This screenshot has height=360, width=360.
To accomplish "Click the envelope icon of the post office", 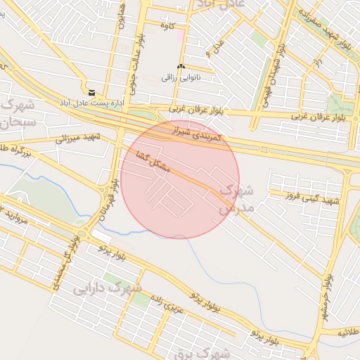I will [91, 92].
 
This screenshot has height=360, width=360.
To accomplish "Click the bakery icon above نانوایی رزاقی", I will [181, 66].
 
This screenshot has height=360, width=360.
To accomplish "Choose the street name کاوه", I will [167, 26].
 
